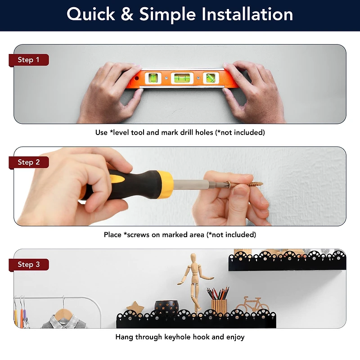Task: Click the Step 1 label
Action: [29, 60]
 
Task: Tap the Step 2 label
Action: [29, 162]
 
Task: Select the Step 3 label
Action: [29, 265]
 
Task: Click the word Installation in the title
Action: [247, 14]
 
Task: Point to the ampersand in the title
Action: [127, 14]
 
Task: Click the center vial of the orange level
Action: [182, 78]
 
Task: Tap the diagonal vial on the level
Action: [211, 78]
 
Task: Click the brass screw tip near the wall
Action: [261, 184]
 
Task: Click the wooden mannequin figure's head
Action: [193, 257]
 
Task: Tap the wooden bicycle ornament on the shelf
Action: [252, 305]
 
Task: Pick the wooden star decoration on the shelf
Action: [135, 307]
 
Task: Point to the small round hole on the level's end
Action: [136, 78]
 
